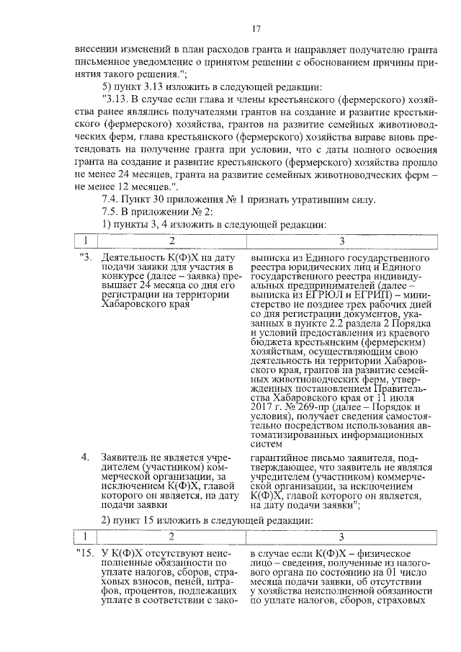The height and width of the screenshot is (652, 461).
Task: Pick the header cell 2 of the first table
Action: point(171,240)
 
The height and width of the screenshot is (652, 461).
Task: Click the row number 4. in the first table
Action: point(85,457)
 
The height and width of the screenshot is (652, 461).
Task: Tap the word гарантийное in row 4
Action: point(281,457)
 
